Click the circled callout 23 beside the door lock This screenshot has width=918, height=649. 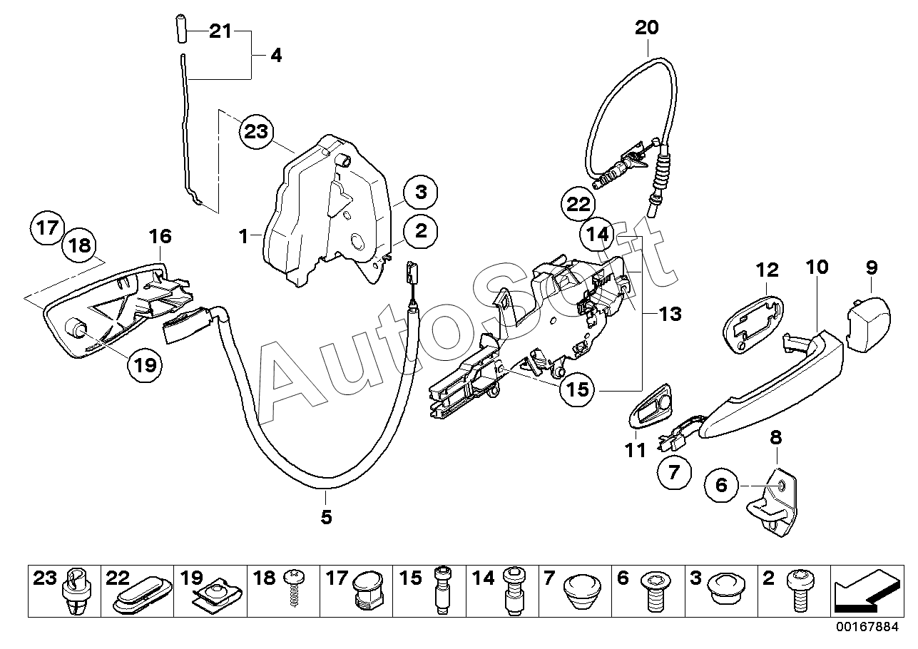[256, 132]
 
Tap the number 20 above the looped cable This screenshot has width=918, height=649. [647, 27]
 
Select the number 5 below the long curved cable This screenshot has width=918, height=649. [326, 517]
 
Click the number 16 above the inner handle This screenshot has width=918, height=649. [160, 236]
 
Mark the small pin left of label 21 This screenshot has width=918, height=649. [180, 28]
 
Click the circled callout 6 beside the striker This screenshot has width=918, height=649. [721, 486]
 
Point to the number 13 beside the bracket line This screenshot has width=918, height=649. [670, 315]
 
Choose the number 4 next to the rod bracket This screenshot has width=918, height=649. [276, 56]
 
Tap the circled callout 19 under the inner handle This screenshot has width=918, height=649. [145, 365]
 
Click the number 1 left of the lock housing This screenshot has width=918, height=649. [244, 236]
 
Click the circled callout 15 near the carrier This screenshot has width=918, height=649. [577, 389]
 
